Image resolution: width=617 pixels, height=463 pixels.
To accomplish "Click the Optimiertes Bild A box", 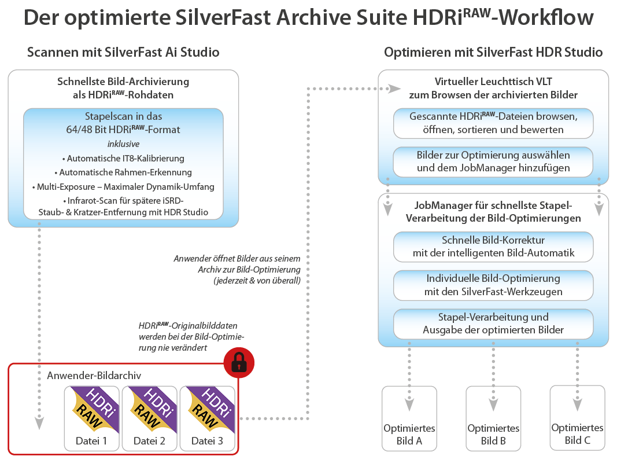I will (x=409, y=418).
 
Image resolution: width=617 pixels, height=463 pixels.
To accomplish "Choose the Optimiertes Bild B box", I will (x=493, y=418).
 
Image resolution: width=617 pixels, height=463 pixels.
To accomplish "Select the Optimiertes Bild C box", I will (x=577, y=418).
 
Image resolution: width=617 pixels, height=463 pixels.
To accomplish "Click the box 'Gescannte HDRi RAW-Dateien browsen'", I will (x=493, y=123).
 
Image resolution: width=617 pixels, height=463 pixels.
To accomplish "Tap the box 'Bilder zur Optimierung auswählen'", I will (x=493, y=161).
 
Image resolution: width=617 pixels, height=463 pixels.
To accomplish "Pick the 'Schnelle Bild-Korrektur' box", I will (x=493, y=246).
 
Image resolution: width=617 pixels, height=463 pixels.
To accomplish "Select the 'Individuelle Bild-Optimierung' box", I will (x=493, y=285).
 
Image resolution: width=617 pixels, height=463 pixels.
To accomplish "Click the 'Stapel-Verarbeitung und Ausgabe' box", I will (x=493, y=324).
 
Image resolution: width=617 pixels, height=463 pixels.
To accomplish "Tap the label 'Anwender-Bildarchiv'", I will (x=94, y=376).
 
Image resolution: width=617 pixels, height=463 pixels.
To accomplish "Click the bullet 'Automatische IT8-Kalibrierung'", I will (x=122, y=158).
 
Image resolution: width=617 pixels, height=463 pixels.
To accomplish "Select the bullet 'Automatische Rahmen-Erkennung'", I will (x=122, y=172).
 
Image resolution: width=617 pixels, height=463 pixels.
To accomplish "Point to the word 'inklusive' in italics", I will (x=123, y=144).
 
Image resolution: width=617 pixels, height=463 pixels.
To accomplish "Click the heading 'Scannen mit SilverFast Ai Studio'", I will (x=123, y=52).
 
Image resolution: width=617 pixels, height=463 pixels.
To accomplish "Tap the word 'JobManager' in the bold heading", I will (x=441, y=205).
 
